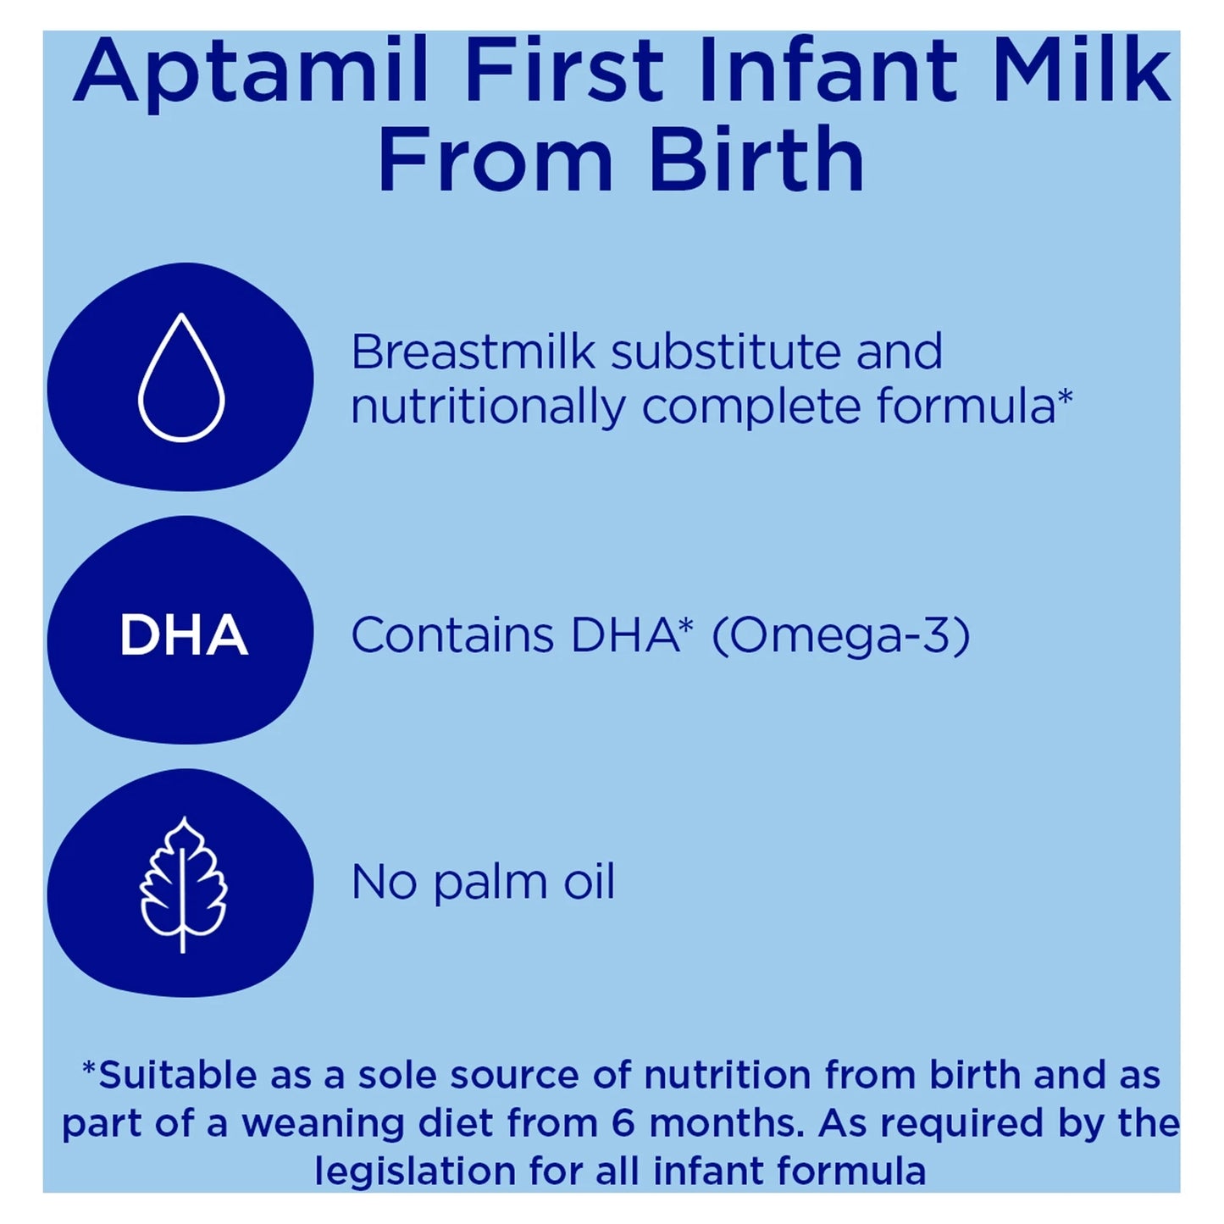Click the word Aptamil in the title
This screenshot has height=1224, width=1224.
252,71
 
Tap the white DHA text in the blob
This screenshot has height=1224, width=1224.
183,635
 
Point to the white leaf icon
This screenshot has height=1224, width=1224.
183,884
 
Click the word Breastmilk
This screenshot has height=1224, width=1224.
473,352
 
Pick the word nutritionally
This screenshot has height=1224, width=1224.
488,407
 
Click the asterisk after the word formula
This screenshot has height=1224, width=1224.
1066,396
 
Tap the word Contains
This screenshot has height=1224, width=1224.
452,635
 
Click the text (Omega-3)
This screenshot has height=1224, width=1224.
840,636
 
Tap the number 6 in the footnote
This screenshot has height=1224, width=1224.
623,1124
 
